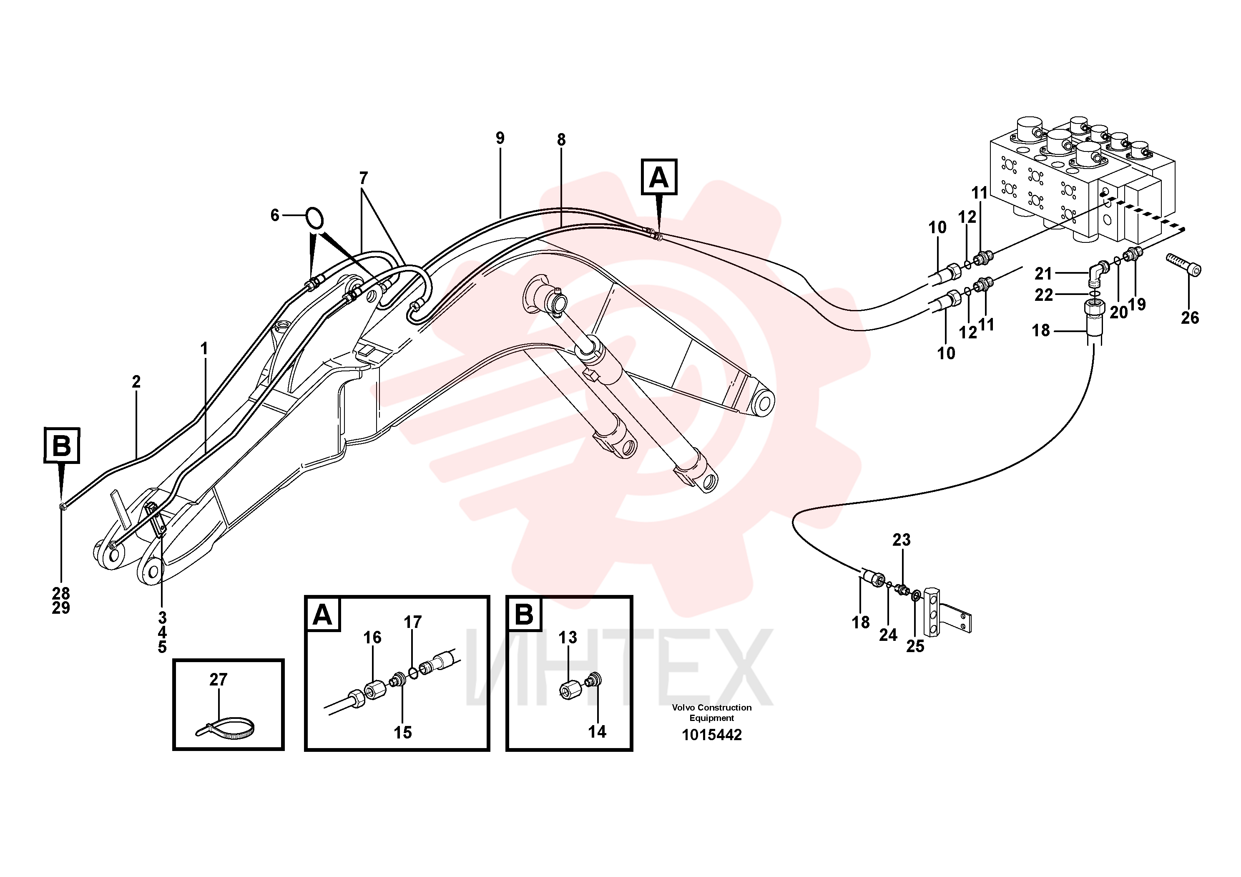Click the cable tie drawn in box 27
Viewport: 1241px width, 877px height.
click(226, 731)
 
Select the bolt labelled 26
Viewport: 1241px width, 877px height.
click(1184, 265)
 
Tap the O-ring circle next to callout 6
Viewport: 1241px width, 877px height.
click(314, 219)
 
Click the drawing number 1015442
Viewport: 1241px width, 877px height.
click(712, 735)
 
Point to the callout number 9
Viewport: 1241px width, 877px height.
click(500, 139)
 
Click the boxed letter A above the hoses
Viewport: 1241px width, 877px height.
click(659, 177)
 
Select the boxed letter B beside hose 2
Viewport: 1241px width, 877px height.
click(62, 446)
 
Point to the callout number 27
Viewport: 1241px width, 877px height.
click(219, 680)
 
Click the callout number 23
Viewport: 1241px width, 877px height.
click(902, 539)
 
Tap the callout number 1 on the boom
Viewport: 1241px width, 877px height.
click(204, 349)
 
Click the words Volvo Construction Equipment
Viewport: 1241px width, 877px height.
click(712, 713)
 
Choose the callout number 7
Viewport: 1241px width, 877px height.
click(363, 178)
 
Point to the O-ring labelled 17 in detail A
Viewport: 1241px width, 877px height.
click(414, 673)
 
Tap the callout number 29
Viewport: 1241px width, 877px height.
click(61, 608)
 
